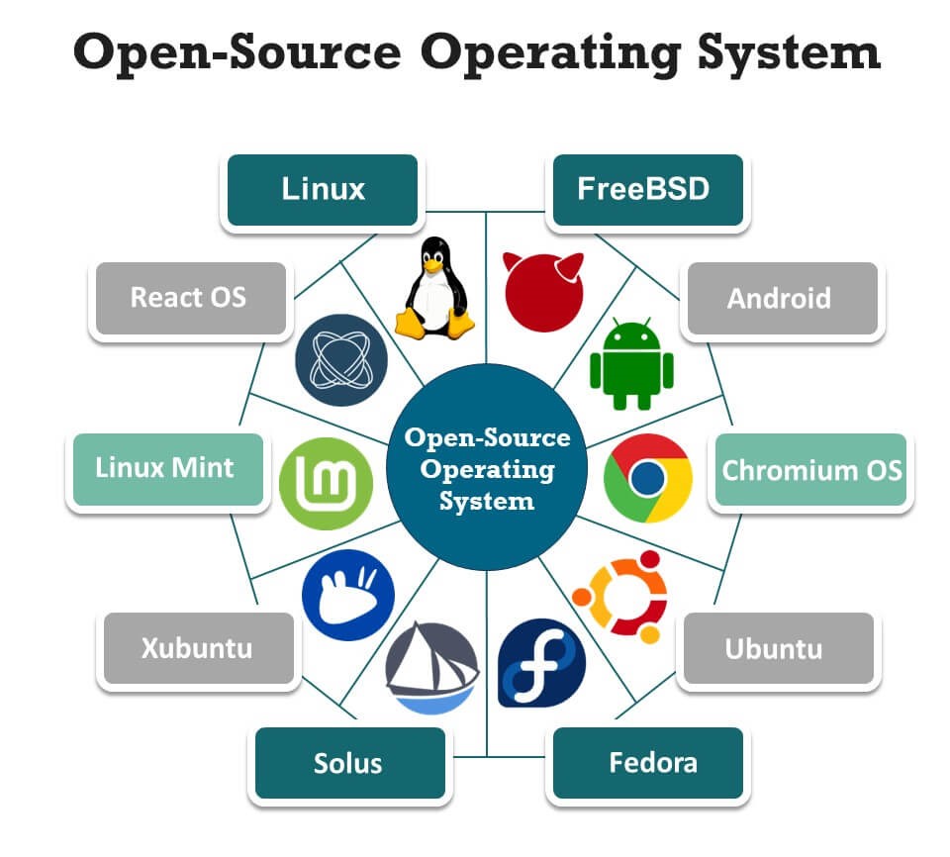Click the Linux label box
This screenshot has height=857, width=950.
(323, 190)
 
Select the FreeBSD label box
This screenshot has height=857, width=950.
(645, 190)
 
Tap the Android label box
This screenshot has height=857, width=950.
(781, 298)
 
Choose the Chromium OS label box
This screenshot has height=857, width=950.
(810, 469)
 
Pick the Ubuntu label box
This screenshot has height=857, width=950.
(779, 649)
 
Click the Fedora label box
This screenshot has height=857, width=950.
(646, 763)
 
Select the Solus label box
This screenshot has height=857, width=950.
(348, 763)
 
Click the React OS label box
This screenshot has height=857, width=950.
(189, 297)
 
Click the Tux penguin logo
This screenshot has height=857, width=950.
(432, 287)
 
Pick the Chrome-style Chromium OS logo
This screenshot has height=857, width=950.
(648, 479)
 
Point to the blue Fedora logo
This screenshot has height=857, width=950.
(541, 663)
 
